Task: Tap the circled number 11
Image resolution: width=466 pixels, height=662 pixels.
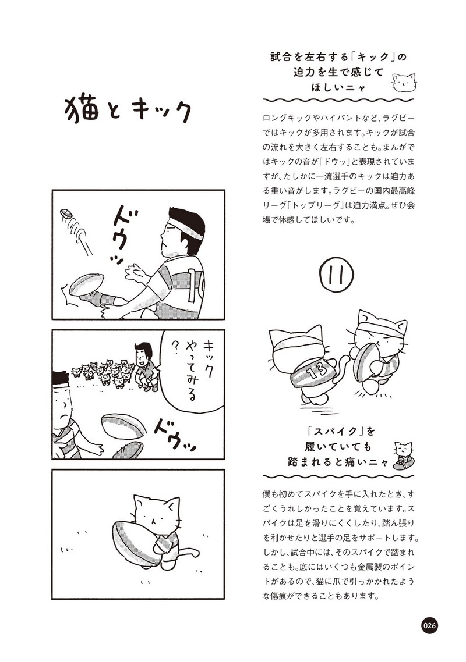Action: (x=337, y=275)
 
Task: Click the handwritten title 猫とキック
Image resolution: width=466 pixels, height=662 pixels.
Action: (x=128, y=111)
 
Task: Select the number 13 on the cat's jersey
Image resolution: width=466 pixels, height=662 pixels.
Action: (x=316, y=371)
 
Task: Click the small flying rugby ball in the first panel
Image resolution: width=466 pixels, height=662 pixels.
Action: (x=66, y=213)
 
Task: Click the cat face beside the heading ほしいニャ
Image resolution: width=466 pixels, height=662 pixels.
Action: (x=404, y=82)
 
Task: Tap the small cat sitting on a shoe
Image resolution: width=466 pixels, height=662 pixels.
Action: (x=403, y=456)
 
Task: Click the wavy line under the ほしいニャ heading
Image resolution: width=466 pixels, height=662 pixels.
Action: (x=338, y=101)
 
